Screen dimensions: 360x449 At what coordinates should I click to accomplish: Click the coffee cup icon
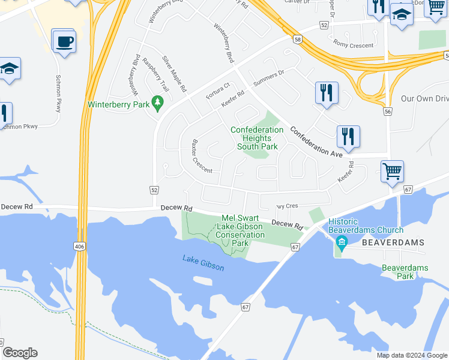click(x=64, y=42)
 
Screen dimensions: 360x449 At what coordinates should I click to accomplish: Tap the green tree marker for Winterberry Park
click(x=158, y=103)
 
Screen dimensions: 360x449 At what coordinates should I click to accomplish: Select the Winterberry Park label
click(x=118, y=104)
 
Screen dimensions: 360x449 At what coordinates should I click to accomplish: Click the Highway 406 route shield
click(x=79, y=246)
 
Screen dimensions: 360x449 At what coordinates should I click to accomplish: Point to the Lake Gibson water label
click(x=203, y=263)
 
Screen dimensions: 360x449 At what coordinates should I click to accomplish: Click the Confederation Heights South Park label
click(x=258, y=138)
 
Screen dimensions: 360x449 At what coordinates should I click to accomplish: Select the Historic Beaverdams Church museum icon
click(x=342, y=243)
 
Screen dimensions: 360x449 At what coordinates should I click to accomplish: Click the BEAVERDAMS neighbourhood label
click(x=393, y=242)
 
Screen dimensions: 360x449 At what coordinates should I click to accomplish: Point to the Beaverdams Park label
click(x=406, y=272)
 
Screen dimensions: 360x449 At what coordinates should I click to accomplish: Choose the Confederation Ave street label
click(x=316, y=142)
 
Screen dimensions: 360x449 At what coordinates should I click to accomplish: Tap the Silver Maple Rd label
click(x=175, y=73)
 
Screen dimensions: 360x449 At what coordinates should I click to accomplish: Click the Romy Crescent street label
click(x=354, y=45)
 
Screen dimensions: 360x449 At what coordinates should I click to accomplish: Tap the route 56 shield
click(x=388, y=112)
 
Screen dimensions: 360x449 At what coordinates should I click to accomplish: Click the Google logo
click(x=20, y=352)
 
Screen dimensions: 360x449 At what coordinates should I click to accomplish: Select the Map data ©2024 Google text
click(x=411, y=355)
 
